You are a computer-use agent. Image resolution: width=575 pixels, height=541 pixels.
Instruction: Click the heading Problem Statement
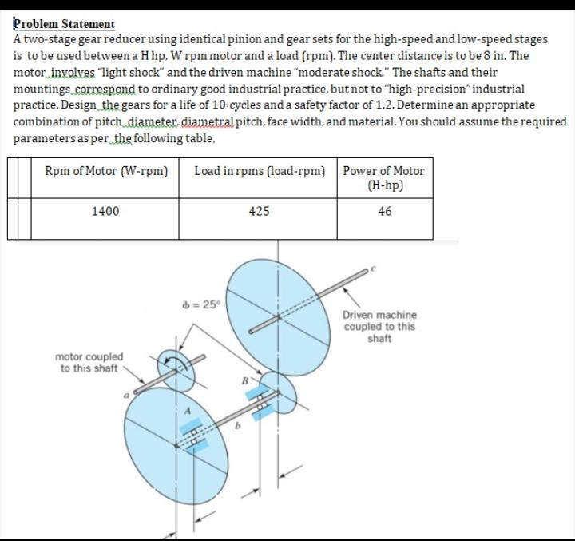[65, 24]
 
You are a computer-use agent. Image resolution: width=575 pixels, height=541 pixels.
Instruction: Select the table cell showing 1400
[105, 211]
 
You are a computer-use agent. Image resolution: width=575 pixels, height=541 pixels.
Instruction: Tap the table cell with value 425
[259, 211]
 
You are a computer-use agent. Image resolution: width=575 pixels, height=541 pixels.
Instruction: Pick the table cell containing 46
[385, 211]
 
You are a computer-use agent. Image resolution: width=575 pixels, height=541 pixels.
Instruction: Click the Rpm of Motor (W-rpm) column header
[106, 170]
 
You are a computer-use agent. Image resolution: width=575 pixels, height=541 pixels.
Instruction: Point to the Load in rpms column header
[260, 170]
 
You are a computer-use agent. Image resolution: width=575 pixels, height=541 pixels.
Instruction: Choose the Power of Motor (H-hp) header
[385, 177]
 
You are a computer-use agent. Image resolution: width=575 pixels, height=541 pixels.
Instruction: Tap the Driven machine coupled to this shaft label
[379, 327]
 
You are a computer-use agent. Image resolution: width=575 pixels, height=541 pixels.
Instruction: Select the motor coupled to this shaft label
[89, 362]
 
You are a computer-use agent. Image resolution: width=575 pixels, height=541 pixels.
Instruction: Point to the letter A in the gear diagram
[188, 411]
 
